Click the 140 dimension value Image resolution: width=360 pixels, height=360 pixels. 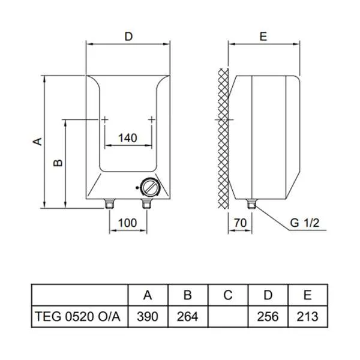tap(128, 138)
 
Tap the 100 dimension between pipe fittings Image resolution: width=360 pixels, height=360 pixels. tap(128, 223)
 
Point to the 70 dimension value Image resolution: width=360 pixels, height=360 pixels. tap(240, 223)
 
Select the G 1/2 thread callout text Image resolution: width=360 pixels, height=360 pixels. tap(305, 223)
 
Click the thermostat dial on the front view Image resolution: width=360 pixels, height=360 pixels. tap(149, 187)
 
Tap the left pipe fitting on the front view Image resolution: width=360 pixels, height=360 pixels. tap(109, 203)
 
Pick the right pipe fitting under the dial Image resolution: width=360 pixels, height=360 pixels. tap(146, 203)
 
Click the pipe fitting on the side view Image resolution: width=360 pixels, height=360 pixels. tap(251, 203)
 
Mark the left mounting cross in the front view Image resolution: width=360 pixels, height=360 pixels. tap(104, 119)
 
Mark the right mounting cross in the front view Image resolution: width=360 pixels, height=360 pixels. tap(152, 119)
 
